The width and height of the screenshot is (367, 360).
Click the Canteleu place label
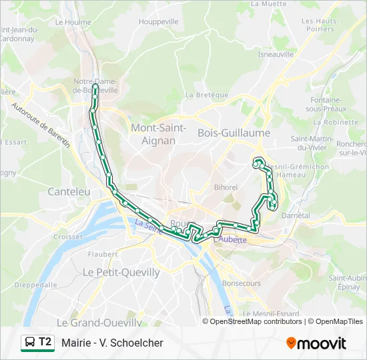coord(69,191)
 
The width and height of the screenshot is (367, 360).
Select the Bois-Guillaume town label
coord(234,133)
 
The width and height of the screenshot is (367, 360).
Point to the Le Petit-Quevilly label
coord(121,272)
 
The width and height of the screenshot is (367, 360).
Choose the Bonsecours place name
coord(241,283)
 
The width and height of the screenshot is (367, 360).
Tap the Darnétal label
coord(296,215)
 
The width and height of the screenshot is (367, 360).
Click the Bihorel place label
coord(226,187)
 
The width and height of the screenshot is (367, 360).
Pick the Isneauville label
coord(276,55)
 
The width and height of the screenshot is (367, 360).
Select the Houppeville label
coord(159,21)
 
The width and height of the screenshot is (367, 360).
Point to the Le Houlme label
coord(73,21)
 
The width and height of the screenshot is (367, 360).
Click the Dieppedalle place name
coord(36,284)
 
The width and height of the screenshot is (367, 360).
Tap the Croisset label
coord(68,236)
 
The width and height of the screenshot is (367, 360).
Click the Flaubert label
coord(102,254)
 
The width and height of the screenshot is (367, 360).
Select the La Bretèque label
coord(208,95)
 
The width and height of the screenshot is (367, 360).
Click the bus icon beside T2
coord(30,343)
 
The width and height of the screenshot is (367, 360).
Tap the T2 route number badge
coord(45,342)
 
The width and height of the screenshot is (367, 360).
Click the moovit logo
coord(316,343)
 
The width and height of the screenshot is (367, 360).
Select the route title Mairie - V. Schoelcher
coord(112,343)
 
